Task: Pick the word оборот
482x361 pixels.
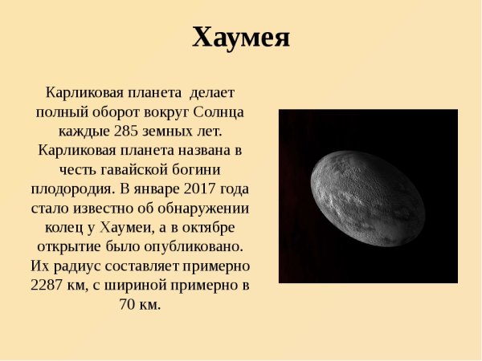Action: (x=104, y=112)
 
